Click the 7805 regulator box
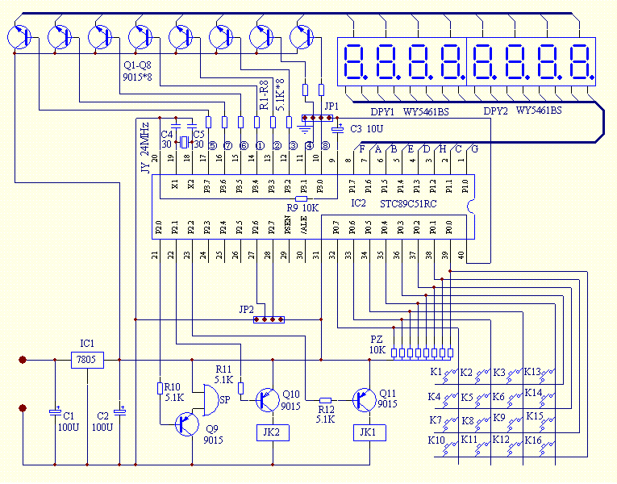[87, 360]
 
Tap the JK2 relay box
[272, 432]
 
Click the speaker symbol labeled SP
[212, 398]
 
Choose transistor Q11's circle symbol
[364, 398]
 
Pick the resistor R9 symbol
[302, 197]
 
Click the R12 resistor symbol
[325, 399]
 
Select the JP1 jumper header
[315, 118]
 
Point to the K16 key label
[533, 440]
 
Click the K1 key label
[436, 372]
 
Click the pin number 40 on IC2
[461, 255]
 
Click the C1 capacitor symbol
[55, 411]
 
